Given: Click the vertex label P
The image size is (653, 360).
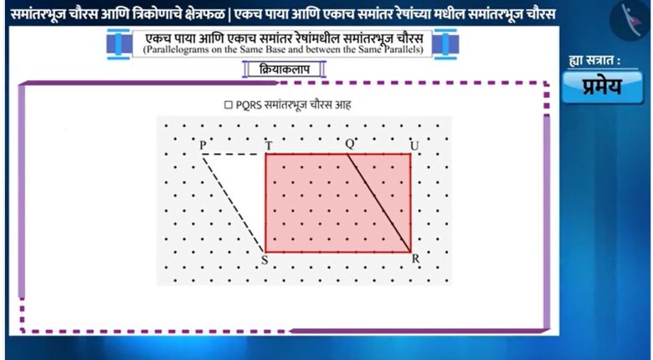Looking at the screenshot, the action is coord(203,145).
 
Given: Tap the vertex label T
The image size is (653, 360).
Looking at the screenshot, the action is coord(269,146).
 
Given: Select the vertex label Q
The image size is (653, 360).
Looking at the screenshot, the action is coord(350,144).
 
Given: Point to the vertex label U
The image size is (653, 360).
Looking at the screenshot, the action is coord(414,146).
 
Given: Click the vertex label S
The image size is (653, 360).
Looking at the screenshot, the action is coord(265,260).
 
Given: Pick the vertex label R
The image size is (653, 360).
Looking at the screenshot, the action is coord(415,259).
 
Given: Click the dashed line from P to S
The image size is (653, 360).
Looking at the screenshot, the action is coord(234,203).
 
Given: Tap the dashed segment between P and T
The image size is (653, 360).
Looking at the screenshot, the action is coord(234,154).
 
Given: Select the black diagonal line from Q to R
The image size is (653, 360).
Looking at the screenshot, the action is coord(379,203).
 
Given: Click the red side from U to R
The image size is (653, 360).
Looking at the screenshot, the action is coord(410,203).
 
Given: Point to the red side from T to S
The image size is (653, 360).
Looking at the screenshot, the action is coord(265,203).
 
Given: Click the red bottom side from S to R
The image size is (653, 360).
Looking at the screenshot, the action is coord(338,252).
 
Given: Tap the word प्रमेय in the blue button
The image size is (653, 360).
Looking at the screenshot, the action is coord(602,86).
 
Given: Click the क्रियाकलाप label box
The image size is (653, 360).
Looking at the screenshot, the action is coord(284,69).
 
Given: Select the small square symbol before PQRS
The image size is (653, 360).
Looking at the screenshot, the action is coord(229,105).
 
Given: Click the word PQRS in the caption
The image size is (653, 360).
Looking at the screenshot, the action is coord(249,105).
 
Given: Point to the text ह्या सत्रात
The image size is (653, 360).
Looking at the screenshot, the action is coord(594,60).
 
